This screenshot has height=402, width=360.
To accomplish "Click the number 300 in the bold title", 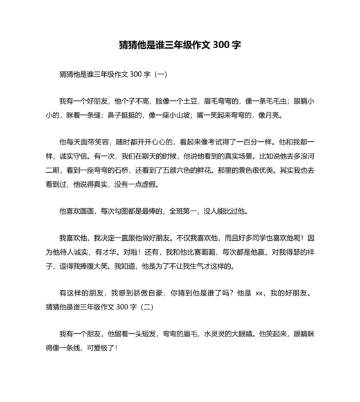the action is point(221,46).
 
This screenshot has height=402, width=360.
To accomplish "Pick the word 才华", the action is point(120,251).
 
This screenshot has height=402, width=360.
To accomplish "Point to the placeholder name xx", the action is point(260,294).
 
